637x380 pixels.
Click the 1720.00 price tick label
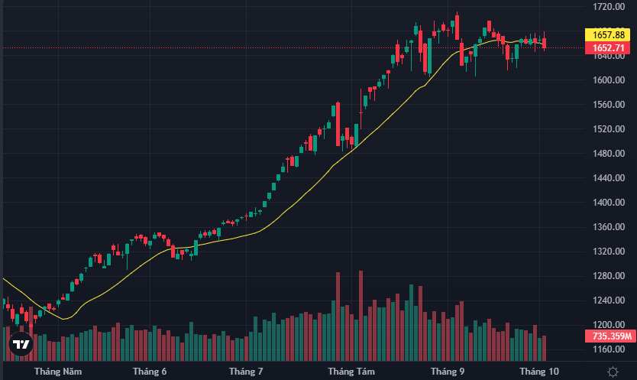[x=610, y=6]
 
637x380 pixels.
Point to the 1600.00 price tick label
[x=610, y=80]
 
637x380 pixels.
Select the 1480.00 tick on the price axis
[x=610, y=153]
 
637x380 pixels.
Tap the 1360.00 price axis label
[x=610, y=227]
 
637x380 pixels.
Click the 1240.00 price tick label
[x=610, y=300]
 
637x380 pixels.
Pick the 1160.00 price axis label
[x=610, y=349]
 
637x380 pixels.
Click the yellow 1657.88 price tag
[x=610, y=35]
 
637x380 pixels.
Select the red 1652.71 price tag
[x=610, y=48]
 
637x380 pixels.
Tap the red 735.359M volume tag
[x=610, y=336]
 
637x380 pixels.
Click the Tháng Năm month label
[x=58, y=372]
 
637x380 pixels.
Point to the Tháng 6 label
[x=150, y=372]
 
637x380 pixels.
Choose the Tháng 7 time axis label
[x=246, y=372]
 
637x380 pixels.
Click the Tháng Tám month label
[x=351, y=372]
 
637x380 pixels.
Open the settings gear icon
[x=613, y=372]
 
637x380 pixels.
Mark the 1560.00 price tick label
[x=610, y=104]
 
